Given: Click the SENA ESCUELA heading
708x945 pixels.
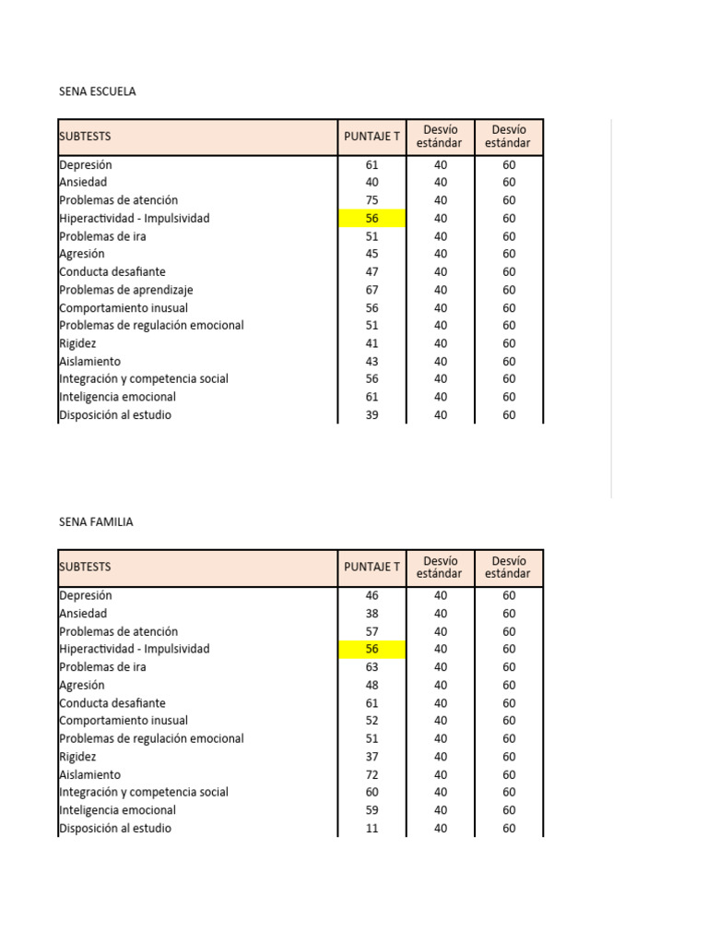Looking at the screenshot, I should coord(97,91).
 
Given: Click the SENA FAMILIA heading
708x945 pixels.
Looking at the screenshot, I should coord(96,522).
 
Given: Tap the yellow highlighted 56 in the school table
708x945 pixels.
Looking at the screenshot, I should coord(372,219).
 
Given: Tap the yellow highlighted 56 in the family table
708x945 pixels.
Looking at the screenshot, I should coord(372,650).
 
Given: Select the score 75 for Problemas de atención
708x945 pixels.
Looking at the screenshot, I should coord(372,200).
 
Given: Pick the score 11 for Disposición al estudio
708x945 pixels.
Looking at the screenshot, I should coord(372,829).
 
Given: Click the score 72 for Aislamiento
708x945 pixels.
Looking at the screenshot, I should coord(372,775).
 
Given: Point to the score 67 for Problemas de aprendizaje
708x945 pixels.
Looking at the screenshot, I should coord(372,290).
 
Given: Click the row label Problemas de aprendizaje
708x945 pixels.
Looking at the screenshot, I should coord(125,290).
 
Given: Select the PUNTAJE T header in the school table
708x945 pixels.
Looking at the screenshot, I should coord(372,137).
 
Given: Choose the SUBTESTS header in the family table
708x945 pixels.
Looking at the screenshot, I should coord(85,568).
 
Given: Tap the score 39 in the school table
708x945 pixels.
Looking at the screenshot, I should coord(372,415).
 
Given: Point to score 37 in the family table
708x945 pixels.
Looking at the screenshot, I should coord(372,757).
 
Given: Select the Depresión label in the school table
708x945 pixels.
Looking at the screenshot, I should coord(86,165).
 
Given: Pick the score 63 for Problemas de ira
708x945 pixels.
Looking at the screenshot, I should coord(372,667).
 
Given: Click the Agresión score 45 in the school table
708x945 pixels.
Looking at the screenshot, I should coord(372,254).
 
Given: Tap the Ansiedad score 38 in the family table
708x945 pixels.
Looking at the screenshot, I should coord(372,614).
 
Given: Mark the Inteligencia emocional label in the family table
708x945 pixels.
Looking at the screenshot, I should coord(117,810).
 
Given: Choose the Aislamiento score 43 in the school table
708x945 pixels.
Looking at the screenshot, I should coord(372,362).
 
